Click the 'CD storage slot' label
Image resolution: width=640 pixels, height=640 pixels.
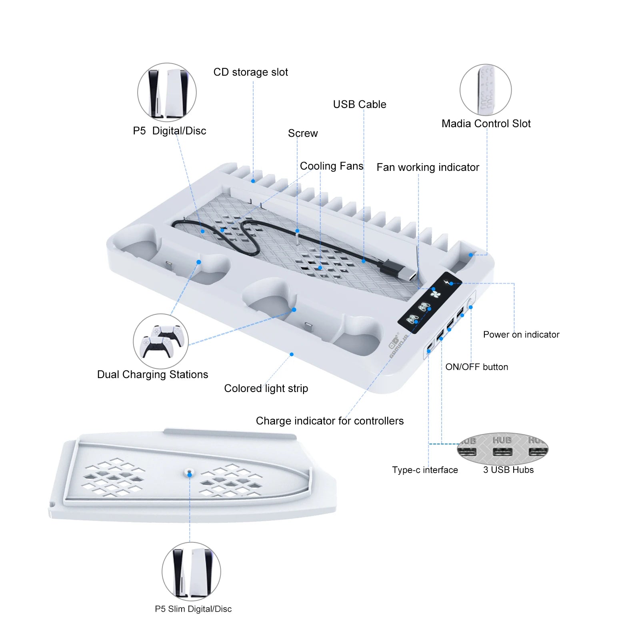(x=250, y=72)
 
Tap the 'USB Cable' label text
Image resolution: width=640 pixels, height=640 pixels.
(x=359, y=104)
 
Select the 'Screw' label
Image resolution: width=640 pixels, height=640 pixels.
(x=302, y=133)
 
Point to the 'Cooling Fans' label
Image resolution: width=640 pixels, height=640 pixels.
(x=331, y=166)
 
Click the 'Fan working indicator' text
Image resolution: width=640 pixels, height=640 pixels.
(x=427, y=167)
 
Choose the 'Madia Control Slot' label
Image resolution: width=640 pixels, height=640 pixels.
(x=486, y=124)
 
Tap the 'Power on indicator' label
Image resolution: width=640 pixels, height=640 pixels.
(x=521, y=334)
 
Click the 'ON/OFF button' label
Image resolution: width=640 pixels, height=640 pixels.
(x=476, y=367)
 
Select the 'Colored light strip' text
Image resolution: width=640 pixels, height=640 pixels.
(x=266, y=388)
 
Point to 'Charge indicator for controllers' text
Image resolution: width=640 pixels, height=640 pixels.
(x=329, y=421)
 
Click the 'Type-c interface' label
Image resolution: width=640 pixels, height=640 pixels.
(x=424, y=470)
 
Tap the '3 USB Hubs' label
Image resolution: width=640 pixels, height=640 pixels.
(x=508, y=470)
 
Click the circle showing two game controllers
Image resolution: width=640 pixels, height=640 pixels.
(x=161, y=341)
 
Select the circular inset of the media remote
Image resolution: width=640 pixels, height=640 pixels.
(x=485, y=90)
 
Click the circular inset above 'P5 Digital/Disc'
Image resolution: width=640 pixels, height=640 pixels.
(x=167, y=92)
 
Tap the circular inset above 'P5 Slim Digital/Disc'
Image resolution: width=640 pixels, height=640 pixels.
(x=191, y=571)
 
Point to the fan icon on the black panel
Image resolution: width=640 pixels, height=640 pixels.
(x=436, y=294)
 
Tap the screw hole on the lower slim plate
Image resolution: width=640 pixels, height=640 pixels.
(x=190, y=473)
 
